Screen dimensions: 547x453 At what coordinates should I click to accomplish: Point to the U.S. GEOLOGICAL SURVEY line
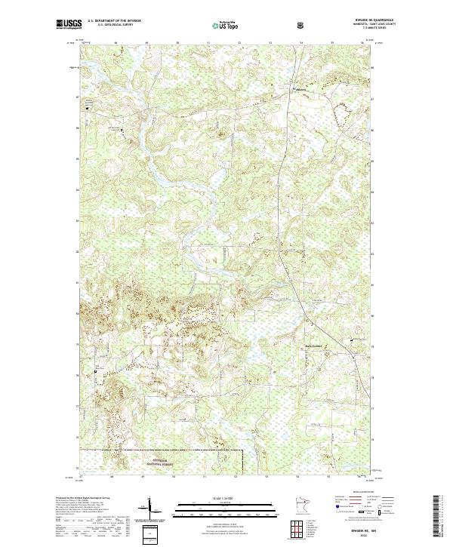coord(109,26)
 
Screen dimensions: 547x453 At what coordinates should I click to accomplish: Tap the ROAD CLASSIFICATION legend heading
coord(355,496)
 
